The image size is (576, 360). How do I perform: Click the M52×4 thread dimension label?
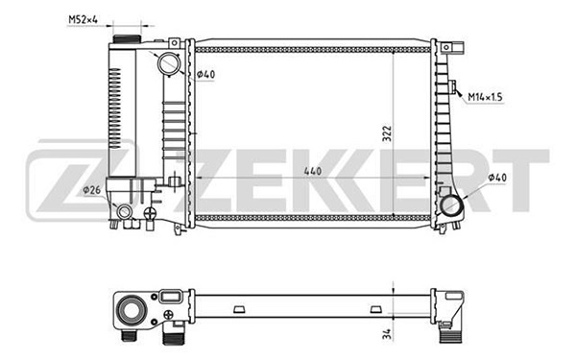point(83,19)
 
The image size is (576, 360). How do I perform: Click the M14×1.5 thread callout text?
point(485,97)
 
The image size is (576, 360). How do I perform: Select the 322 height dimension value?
point(387,133)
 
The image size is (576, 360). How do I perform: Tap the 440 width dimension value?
point(313,171)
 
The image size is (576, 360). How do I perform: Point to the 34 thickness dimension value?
point(387,334)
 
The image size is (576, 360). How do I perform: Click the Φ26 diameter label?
point(91,190)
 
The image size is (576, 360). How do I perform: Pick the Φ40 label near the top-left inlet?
point(205,75)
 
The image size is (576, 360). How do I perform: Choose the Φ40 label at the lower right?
point(497,178)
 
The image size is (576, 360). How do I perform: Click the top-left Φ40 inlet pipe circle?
point(169,63)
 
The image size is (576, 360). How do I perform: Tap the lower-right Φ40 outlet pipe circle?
point(451,206)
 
